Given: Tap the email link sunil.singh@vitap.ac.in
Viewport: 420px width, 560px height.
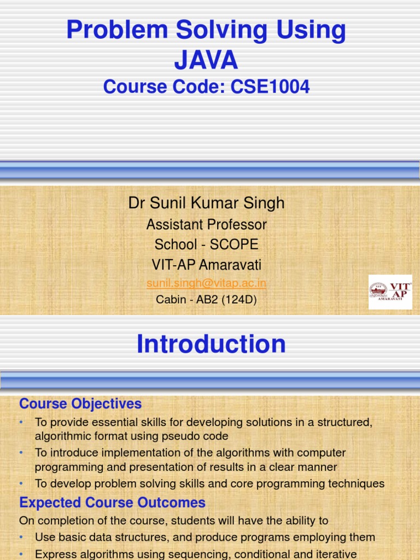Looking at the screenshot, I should pos(206,283).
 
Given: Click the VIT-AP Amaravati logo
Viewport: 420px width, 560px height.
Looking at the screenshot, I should pos(390,291).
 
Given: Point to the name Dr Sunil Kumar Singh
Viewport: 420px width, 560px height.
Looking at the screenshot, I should pos(206,203).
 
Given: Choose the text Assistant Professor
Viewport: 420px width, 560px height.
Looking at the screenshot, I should pos(206,224).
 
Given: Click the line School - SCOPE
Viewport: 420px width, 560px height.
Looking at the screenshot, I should pos(206,244).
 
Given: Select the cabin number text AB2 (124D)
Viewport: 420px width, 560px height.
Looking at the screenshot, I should pos(221,300).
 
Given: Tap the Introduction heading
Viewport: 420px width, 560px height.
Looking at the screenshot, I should pos(211,344).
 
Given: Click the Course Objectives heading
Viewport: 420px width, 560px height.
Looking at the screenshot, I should pos(80,404).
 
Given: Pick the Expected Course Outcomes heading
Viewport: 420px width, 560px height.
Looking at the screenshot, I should pos(112,503).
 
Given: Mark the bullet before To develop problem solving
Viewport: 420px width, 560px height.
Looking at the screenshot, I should pos(21,483).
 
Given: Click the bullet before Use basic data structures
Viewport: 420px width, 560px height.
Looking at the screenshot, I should pos(21,538).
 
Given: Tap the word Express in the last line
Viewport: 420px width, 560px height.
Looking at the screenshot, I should pos(55,554).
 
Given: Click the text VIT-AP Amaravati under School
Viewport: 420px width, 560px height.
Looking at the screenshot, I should pos(206,265).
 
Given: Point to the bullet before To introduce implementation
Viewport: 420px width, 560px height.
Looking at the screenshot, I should pos(21,453).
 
